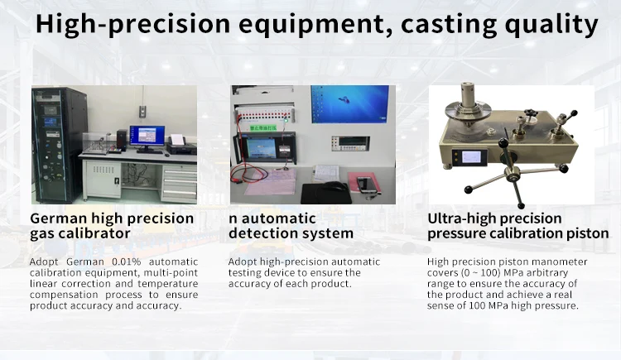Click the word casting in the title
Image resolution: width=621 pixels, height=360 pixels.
pos(449,24)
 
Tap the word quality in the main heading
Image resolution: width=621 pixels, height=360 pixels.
pos(551,24)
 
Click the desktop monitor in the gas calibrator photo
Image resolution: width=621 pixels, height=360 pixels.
pos(147,138)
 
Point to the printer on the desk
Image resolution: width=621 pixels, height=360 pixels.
pos(181,145)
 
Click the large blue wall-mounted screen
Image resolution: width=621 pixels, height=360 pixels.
pos(349,104)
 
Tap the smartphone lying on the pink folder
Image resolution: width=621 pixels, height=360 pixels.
pos(366,185)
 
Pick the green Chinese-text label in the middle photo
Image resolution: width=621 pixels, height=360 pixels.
pos(263,128)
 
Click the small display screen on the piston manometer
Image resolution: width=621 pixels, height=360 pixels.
pos(470,157)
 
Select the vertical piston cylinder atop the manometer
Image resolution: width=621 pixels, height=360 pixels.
pos(468,94)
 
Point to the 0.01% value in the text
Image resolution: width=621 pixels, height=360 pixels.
pos(127,262)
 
